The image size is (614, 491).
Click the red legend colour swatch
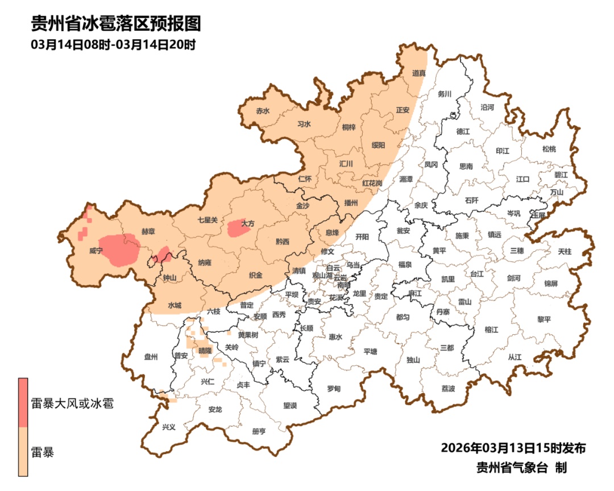coord(23,402)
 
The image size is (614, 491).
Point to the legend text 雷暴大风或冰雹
coord(72,405)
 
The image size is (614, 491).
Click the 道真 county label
coord(419,73)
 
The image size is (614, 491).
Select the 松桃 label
coord(549,149)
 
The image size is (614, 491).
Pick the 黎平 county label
coord(544,319)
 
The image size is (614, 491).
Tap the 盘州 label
coord(151,357)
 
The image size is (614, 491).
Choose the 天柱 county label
coord(565,251)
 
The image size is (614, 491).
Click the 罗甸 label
coord(334,389)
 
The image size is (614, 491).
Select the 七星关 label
coord(208,220)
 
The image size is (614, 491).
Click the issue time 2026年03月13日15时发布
coord(513,448)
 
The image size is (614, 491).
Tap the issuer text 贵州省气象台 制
coord(521,468)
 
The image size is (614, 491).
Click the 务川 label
coord(444,94)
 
